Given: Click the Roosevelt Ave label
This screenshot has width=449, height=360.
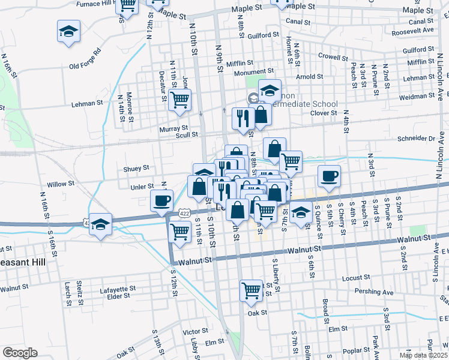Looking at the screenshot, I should coord(421,29).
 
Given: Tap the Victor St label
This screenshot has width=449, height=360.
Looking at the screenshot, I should coord(195,331).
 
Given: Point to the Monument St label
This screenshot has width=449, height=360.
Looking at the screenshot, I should coord(254,72).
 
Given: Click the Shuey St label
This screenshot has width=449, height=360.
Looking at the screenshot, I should coord(136,169).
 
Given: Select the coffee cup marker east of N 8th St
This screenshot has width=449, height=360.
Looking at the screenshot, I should coord(328,176).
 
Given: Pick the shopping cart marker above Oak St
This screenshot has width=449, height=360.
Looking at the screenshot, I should coord(252,290).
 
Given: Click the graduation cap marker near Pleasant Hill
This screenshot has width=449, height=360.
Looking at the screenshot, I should coord(101,224).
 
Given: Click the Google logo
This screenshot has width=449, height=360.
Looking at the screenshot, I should coord(20,353).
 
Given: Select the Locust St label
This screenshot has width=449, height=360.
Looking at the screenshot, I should coord(356,278).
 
